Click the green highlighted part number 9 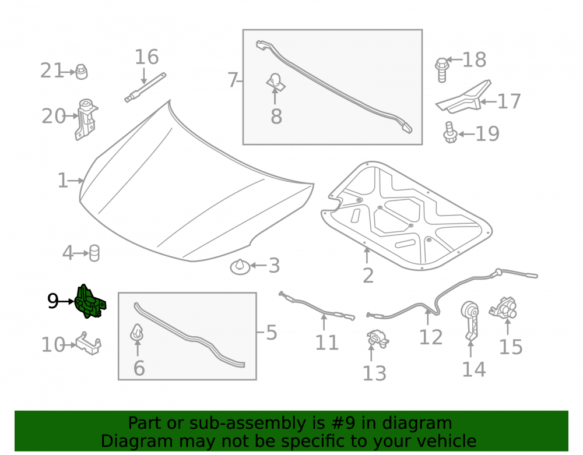pos(90,302)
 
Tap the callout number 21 pos(52,70)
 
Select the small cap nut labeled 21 pos(82,72)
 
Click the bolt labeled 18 pos(442,70)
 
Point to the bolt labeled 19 pos(450,133)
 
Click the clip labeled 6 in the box pos(137,333)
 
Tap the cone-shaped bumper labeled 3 pos(240,267)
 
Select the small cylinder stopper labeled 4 pos(94,253)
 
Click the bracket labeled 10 pos(89,344)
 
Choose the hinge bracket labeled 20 pos(86,119)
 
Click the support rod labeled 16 pos(145,87)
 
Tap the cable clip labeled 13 pos(378,338)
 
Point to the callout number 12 pos(431,337)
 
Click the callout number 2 pos(368,276)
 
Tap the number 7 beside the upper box pos(233,80)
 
